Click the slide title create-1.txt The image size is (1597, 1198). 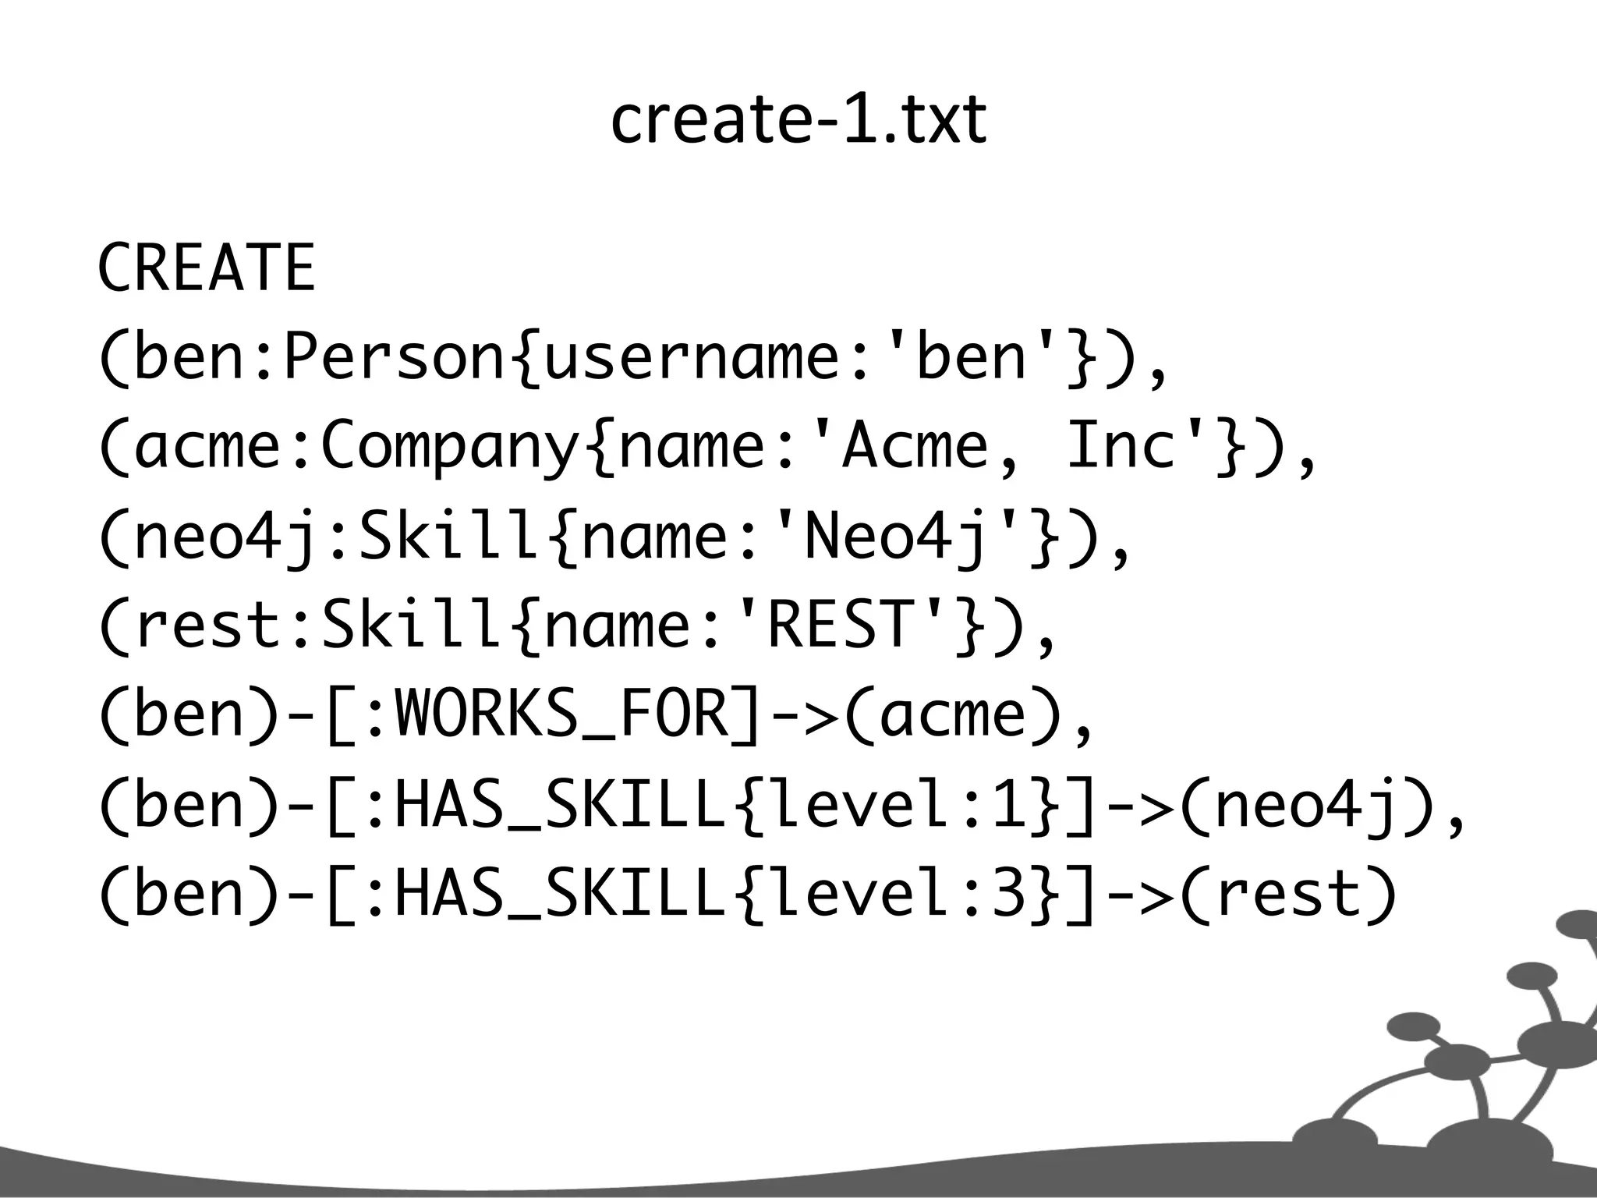pyautogui.click(x=798, y=121)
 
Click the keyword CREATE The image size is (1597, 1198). pyautogui.click(x=206, y=268)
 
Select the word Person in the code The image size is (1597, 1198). pyautogui.click(x=395, y=357)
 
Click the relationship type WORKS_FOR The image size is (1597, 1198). pyautogui.click(x=561, y=714)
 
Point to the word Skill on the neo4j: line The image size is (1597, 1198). pyautogui.click(x=449, y=537)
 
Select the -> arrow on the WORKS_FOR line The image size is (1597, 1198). pyautogui.click(x=803, y=715)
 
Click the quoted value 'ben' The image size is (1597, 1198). pyautogui.click(x=972, y=357)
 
